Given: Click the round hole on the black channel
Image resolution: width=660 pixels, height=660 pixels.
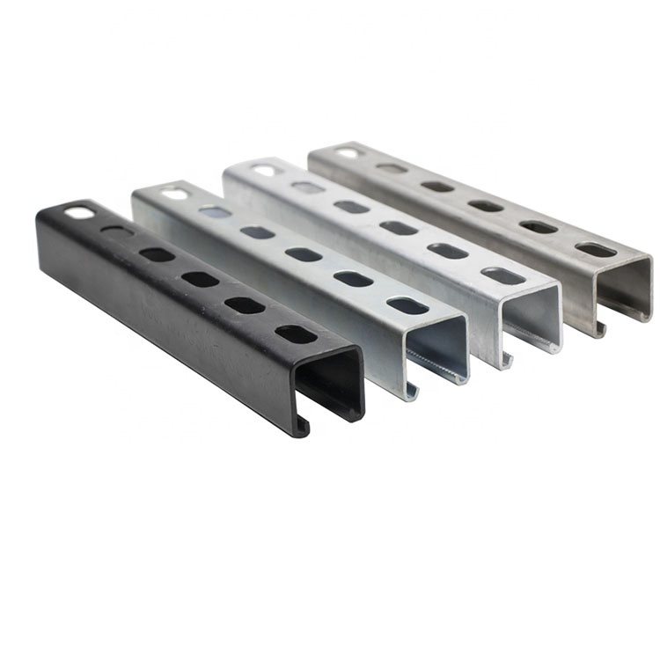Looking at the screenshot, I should point(80,212).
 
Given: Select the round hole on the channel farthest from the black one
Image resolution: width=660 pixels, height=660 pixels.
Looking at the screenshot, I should point(348,152).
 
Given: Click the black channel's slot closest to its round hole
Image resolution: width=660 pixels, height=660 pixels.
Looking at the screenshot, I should point(115,232).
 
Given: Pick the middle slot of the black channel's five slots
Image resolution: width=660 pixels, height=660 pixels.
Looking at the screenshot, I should point(200,280).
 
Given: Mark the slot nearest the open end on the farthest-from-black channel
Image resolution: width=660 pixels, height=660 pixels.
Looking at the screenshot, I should point(596,250).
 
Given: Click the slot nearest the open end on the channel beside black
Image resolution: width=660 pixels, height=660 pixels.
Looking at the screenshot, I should point(407,305).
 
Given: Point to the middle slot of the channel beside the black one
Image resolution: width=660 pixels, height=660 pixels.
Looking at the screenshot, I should point(304,255).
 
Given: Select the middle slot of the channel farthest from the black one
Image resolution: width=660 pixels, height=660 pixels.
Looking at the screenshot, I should point(485,205).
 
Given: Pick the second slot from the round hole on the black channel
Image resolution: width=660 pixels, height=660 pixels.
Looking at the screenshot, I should point(157,254).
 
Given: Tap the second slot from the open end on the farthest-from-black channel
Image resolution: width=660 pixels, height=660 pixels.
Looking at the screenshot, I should point(538,226).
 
